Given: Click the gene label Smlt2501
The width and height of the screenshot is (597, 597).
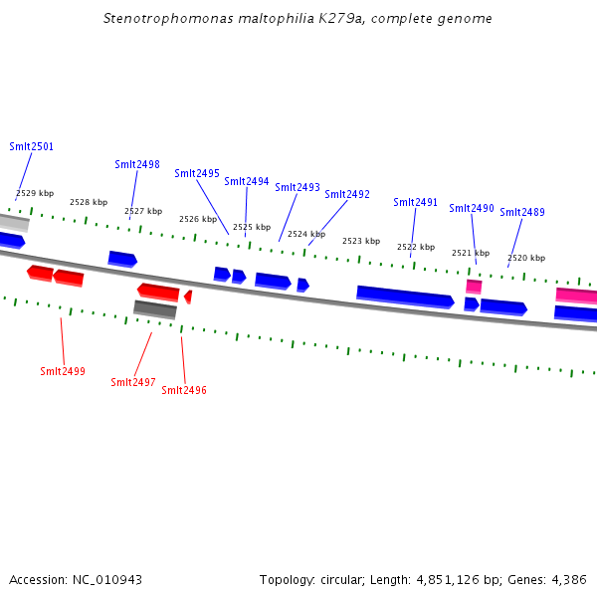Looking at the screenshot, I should [32, 146].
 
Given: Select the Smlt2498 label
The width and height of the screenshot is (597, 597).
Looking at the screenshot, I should [137, 164].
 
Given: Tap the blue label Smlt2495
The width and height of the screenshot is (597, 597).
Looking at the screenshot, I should [197, 173].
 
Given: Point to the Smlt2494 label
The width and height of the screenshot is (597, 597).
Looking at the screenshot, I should [247, 181].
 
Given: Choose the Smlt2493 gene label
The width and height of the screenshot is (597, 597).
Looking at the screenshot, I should [298, 187].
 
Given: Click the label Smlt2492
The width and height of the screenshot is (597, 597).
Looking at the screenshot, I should [347, 194].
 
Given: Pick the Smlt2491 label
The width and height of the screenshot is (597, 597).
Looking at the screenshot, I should [415, 202].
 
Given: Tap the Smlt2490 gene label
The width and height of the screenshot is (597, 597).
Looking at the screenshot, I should [472, 208].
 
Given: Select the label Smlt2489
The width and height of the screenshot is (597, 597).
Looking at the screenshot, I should [522, 212].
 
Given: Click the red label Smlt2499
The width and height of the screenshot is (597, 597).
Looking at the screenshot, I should [63, 371].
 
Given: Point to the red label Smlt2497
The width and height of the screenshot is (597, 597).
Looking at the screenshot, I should [133, 382].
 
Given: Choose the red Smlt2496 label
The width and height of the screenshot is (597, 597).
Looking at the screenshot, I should [184, 390].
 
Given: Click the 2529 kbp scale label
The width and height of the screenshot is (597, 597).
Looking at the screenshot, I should [35, 193].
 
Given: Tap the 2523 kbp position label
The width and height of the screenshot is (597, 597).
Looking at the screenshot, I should [361, 241].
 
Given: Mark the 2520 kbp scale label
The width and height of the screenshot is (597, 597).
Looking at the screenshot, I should [526, 258].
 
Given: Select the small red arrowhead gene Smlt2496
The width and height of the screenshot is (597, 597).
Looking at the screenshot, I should [188, 297].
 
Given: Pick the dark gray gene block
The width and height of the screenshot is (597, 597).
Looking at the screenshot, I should [155, 309].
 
